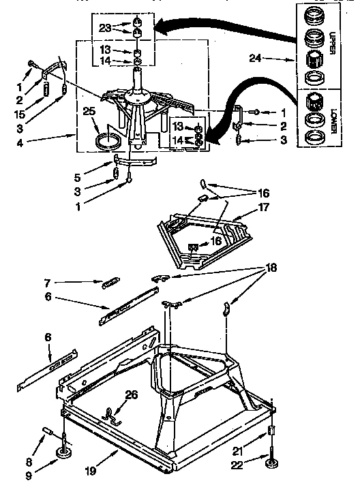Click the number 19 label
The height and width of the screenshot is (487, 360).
coord(90,470)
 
